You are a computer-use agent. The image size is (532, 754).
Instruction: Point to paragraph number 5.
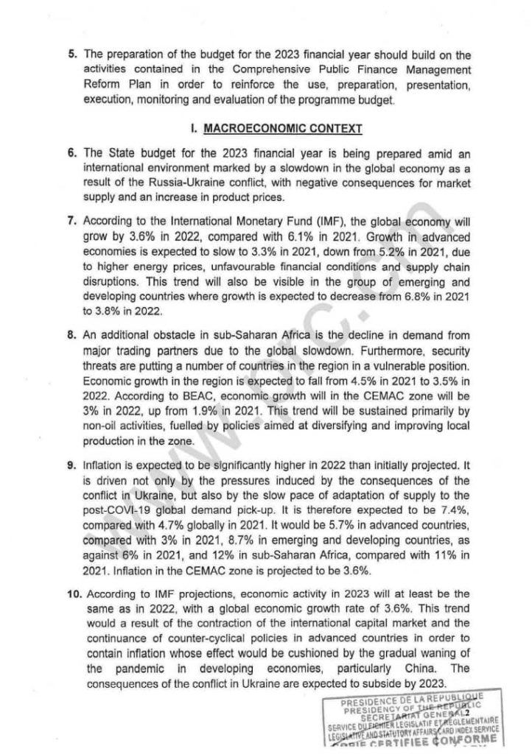tap(73, 55)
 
